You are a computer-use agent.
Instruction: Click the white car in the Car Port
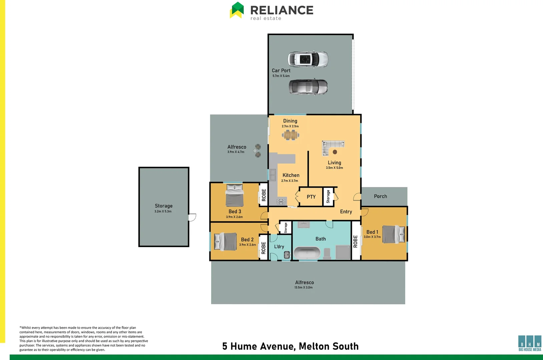[308, 59]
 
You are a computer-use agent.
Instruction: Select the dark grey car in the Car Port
[308, 87]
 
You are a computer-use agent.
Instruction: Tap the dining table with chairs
[291, 135]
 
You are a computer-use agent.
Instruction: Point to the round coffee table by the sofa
[335, 152]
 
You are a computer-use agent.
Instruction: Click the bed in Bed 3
[234, 196]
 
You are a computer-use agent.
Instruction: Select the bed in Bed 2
[225, 241]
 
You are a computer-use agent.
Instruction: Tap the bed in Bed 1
[393, 234]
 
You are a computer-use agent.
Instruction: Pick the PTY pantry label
[311, 197]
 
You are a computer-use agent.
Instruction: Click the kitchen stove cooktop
[281, 201]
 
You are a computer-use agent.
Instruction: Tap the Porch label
[380, 196]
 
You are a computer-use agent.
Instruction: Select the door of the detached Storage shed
[192, 217]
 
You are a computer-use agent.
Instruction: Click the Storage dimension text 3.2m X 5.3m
[163, 211]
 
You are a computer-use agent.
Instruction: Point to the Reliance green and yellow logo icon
[237, 10]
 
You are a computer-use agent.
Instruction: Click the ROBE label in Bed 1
[355, 241]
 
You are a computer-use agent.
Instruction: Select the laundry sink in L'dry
[287, 255]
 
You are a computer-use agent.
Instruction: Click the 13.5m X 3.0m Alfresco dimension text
[303, 287]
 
